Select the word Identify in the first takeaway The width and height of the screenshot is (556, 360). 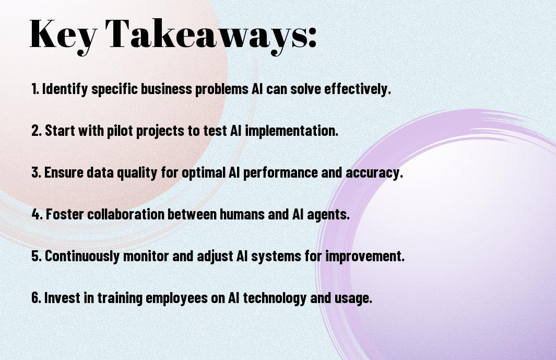[x=65, y=89]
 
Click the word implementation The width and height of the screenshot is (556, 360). [x=291, y=131]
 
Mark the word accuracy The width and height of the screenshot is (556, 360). [x=374, y=172]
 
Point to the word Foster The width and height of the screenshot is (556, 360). [x=65, y=214]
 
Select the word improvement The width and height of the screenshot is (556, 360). [x=365, y=256]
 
